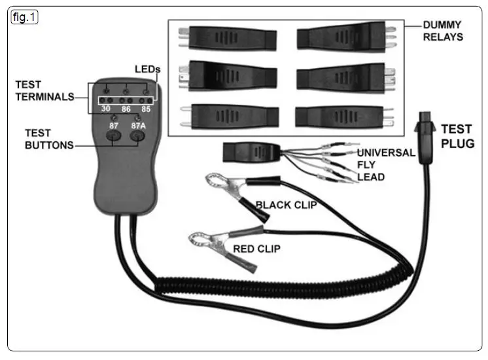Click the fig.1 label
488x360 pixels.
click(x=24, y=18)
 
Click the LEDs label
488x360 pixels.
click(x=147, y=69)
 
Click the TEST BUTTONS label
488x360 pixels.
click(x=49, y=139)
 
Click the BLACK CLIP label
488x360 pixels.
click(x=286, y=204)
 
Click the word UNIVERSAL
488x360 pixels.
click(x=385, y=153)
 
